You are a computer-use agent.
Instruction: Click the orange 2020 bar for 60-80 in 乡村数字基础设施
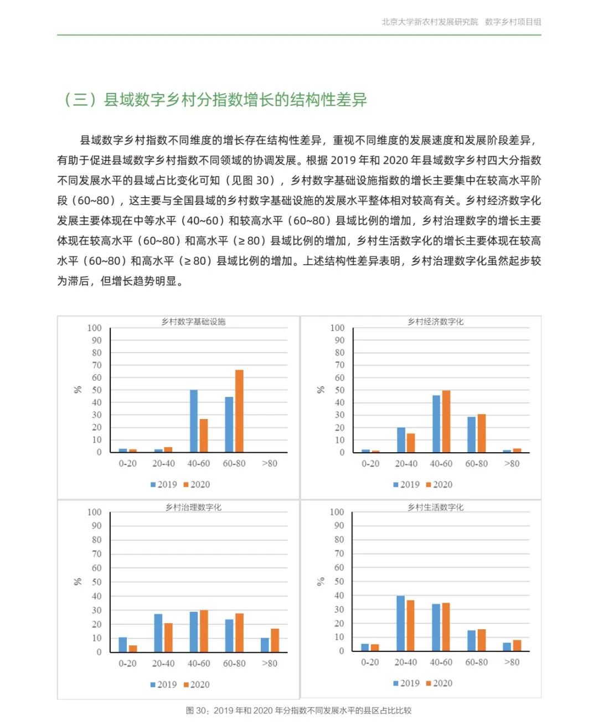[x=239, y=411]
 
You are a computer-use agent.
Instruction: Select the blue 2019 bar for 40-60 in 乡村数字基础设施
[x=194, y=421]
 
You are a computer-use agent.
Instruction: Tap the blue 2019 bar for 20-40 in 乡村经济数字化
[x=401, y=440]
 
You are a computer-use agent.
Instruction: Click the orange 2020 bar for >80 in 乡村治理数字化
[x=275, y=640]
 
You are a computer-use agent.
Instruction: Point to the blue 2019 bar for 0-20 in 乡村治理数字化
[x=123, y=645]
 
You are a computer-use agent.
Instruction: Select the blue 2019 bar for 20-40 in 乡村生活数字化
[x=400, y=623]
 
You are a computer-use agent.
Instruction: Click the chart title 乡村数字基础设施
[x=193, y=322]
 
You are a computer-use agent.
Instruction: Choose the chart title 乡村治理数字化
[x=193, y=507]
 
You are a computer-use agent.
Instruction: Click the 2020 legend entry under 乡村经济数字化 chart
[x=439, y=485]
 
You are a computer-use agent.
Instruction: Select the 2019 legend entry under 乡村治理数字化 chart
[x=163, y=685]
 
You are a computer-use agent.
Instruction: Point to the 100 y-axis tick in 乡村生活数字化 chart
[x=337, y=512]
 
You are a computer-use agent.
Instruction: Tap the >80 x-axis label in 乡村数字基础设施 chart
[x=269, y=463]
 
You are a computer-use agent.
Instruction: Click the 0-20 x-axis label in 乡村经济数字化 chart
[x=370, y=463]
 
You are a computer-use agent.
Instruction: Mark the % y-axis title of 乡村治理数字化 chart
[x=78, y=582]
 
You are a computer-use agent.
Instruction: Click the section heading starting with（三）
[x=215, y=100]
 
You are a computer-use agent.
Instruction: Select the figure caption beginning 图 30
[x=299, y=711]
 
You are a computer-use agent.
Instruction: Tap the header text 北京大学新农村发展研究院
[x=430, y=22]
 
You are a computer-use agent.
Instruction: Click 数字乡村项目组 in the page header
[x=513, y=22]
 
